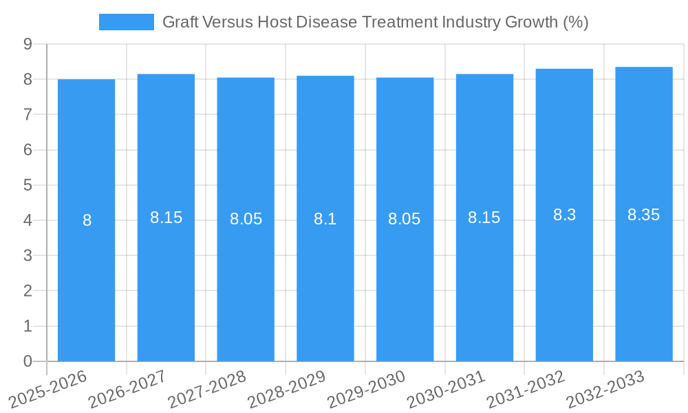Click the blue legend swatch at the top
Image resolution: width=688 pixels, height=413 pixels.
click(x=127, y=22)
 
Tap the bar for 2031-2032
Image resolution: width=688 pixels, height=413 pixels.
click(x=564, y=289)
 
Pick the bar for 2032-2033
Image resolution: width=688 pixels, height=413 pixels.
click(x=644, y=289)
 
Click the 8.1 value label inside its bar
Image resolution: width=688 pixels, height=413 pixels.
click(x=325, y=219)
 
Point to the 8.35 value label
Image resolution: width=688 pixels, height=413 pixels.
click(x=644, y=215)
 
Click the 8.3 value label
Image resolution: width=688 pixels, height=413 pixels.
click(x=564, y=215)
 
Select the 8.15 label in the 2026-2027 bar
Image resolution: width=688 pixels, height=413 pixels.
click(x=166, y=218)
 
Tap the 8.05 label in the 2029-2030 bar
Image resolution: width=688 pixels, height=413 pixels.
click(x=405, y=219)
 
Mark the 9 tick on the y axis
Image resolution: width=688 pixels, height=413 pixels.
click(x=28, y=44)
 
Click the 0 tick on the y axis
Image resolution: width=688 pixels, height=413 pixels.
click(x=28, y=361)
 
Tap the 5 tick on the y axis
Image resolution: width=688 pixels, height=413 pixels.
click(x=28, y=185)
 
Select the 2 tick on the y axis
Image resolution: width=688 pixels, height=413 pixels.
click(x=28, y=291)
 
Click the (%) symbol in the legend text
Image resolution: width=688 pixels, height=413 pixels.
click(x=576, y=22)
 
